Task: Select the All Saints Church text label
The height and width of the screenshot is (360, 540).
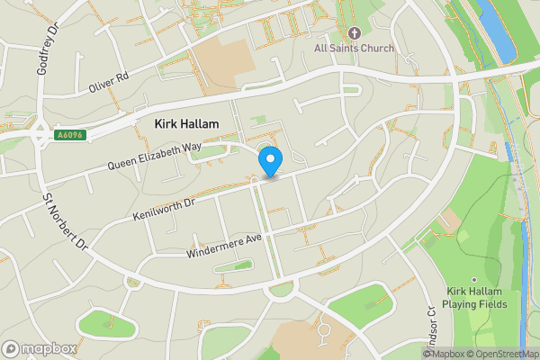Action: pos(354,48)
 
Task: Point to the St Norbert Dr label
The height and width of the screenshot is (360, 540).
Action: pos(66,222)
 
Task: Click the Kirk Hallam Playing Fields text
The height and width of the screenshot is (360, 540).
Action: pos(477,298)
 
